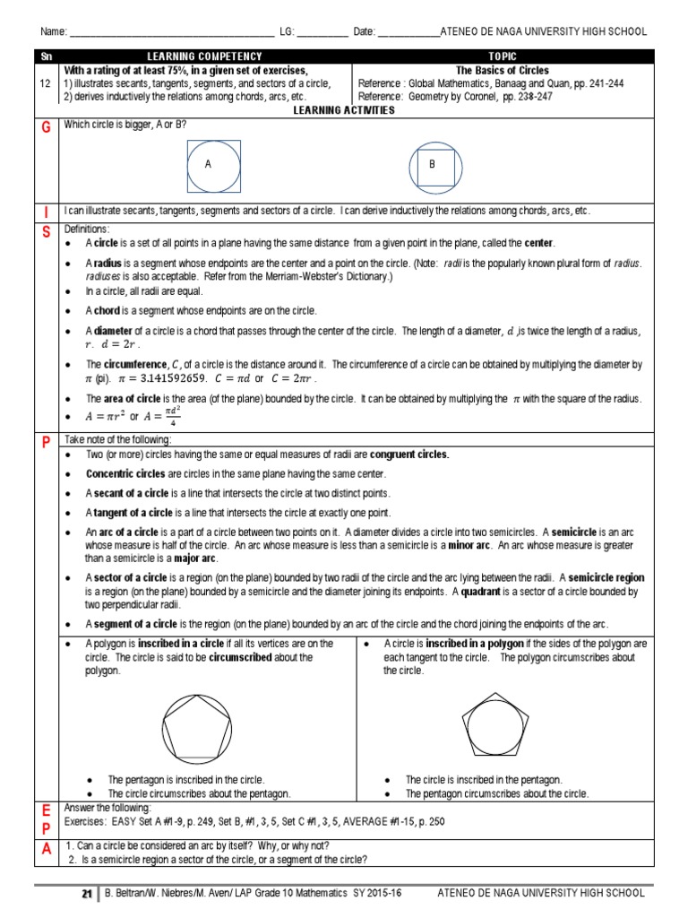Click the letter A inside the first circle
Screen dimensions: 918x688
point(208,165)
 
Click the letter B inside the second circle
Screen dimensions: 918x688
point(431,165)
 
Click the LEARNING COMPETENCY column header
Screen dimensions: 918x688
point(205,56)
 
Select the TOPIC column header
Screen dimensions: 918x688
point(503,56)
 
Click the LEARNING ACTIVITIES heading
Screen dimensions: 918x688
point(344,109)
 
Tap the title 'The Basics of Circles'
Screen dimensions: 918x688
point(503,70)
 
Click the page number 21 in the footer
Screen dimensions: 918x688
point(87,894)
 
